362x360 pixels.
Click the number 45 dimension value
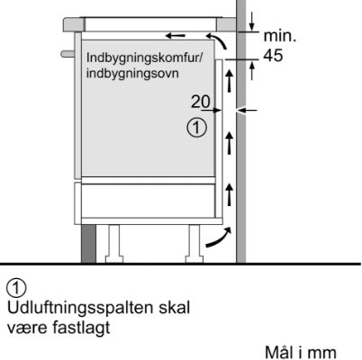pos(273,56)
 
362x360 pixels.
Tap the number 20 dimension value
pos(201,102)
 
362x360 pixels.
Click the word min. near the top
pos(280,36)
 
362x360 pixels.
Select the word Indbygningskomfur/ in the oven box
pos(143,58)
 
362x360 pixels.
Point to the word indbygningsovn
pos(132,73)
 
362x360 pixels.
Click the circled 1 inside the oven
pos(197,128)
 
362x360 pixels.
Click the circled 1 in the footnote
pos(16,288)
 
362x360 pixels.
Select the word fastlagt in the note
pos(81,328)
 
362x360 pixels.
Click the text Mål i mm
pos(300,352)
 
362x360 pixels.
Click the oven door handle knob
pos(68,54)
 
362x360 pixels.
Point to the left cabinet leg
pos(114,244)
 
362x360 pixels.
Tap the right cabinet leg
pos(195,244)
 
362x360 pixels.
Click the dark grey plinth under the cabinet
pos(88,244)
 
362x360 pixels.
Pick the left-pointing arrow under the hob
pos(176,36)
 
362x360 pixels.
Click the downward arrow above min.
pos(251,21)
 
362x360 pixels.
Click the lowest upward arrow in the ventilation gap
pos(230,194)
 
